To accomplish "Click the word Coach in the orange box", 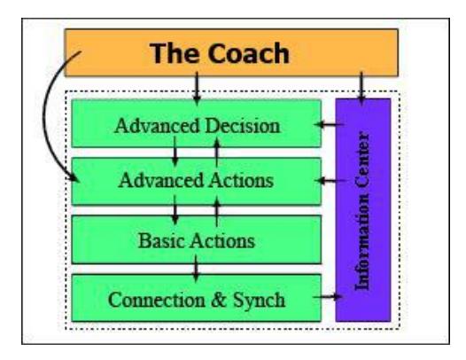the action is click(x=248, y=53).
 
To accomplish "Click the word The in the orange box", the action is click(x=174, y=53).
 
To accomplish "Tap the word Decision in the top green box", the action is click(x=243, y=126).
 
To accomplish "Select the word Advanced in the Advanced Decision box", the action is click(x=157, y=126).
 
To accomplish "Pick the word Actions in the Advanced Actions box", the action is click(x=241, y=180).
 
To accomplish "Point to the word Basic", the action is click(x=161, y=240).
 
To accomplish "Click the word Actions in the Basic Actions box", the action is click(x=222, y=240).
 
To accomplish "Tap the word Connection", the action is click(x=157, y=300).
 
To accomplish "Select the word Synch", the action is click(x=259, y=300).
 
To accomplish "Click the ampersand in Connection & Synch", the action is click(x=219, y=300).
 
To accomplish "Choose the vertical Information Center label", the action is click(x=362, y=210).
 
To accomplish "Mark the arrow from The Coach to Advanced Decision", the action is click(x=196, y=89).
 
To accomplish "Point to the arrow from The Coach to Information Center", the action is click(x=361, y=89).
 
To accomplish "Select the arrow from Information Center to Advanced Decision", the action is click(x=330, y=124).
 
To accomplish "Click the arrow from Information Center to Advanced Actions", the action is click(x=330, y=180).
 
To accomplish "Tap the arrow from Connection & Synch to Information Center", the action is click(x=328, y=296).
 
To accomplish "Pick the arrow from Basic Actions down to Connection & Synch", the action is click(x=196, y=269).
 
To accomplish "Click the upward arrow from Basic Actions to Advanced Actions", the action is click(x=217, y=211).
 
